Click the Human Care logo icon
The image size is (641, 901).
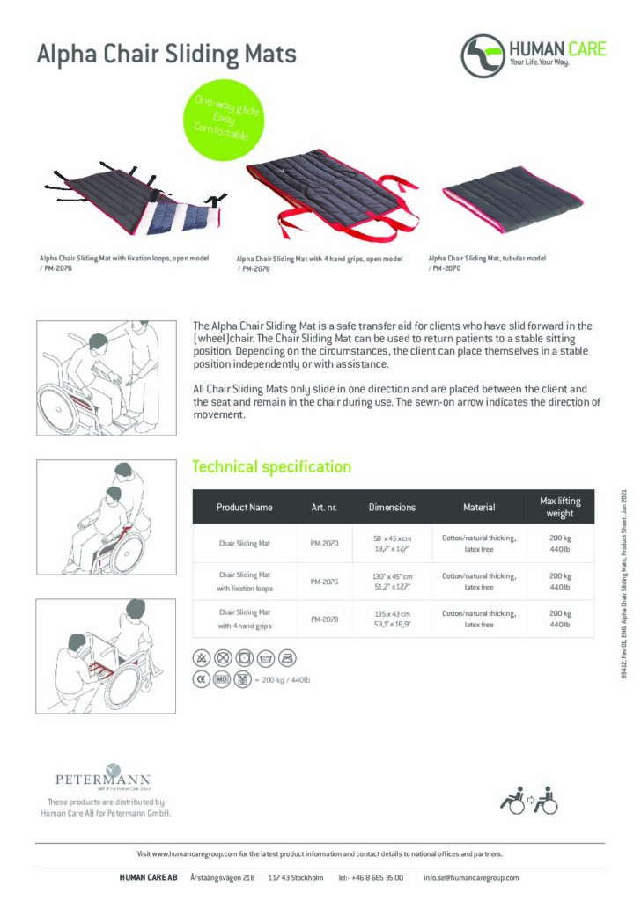[482, 55]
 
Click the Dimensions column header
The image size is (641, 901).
[392, 507]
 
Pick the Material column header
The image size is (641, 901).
[479, 507]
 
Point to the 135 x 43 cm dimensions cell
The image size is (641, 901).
[392, 618]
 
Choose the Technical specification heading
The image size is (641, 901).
[271, 467]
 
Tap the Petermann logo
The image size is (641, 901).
[103, 777]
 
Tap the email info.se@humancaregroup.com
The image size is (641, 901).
[471, 877]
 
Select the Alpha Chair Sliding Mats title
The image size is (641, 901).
[166, 55]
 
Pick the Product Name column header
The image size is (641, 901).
[245, 507]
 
